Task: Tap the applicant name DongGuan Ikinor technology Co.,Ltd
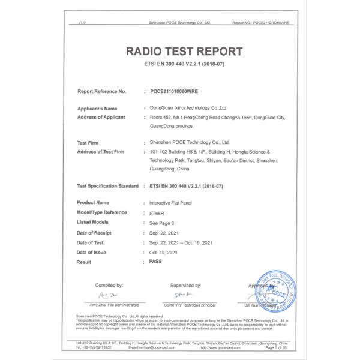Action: click(x=188, y=109)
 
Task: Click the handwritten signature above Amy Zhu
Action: click(x=108, y=296)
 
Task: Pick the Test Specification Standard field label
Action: click(x=108, y=187)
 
